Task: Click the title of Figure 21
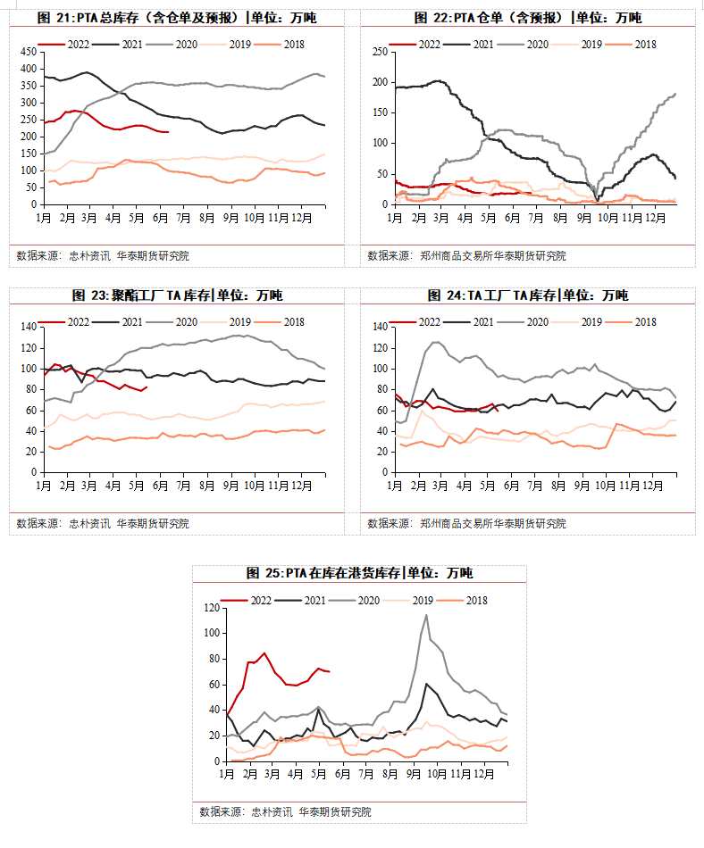(x=177, y=18)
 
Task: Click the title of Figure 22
(x=527, y=18)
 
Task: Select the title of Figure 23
(x=177, y=295)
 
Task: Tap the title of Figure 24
(x=527, y=295)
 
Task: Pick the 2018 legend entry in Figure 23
(x=291, y=321)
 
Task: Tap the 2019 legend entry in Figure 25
(x=417, y=601)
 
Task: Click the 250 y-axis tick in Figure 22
(x=379, y=52)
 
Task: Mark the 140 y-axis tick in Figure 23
(x=27, y=328)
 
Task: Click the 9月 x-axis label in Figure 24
(x=582, y=486)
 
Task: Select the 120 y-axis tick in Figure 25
(x=211, y=608)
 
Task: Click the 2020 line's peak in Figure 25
(x=426, y=615)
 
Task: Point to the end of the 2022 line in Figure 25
(x=330, y=671)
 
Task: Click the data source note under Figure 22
(x=466, y=256)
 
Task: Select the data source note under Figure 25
(x=284, y=812)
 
